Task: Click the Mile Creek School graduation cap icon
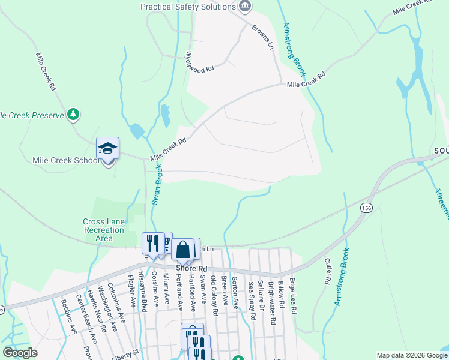point(108,148)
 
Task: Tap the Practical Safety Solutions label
point(187,7)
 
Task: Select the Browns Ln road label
point(262,37)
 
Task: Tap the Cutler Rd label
point(328,271)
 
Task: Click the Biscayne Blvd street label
point(142,292)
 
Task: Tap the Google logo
point(20,352)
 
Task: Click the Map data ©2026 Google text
point(411,355)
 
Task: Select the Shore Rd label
point(191,268)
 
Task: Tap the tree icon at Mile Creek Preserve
point(73,113)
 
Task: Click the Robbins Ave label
point(69,316)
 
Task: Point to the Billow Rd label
point(280,293)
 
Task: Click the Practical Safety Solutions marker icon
point(245,7)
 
